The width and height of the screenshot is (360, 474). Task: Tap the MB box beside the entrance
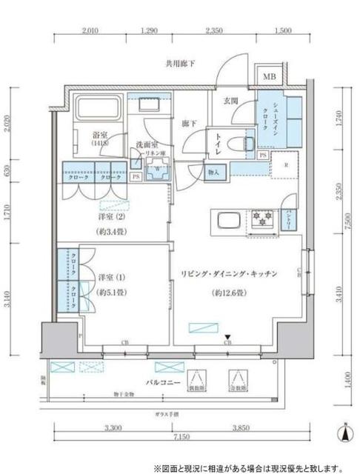tap(265, 75)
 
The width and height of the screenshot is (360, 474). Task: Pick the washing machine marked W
tap(157, 170)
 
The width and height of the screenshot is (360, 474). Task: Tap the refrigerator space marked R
tap(284, 167)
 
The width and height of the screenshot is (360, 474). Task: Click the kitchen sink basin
tap(225, 220)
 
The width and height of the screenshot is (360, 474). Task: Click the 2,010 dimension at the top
tap(90, 32)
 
